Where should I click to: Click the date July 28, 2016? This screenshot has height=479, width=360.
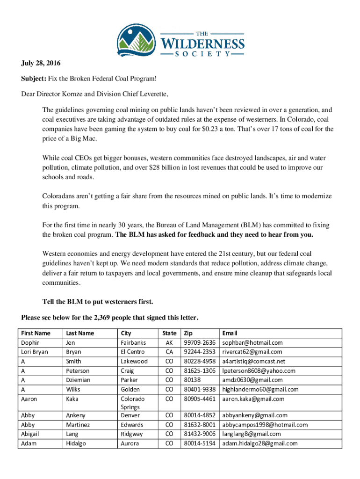point(41,63)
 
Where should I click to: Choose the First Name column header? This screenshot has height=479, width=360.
point(35,333)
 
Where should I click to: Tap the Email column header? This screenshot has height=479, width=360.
point(230,333)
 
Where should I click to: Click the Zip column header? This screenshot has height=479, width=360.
point(188,333)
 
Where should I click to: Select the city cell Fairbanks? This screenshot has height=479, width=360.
point(133,342)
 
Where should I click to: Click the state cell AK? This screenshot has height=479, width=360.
point(169,342)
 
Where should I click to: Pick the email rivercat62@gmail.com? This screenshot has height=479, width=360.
point(252,352)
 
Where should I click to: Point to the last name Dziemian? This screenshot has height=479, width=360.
point(79,380)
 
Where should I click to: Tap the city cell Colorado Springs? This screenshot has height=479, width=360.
point(133,403)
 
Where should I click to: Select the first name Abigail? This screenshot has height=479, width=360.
point(30,434)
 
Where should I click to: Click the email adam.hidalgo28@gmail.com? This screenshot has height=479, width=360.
point(259,443)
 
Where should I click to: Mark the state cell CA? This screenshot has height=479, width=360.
point(169,352)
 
